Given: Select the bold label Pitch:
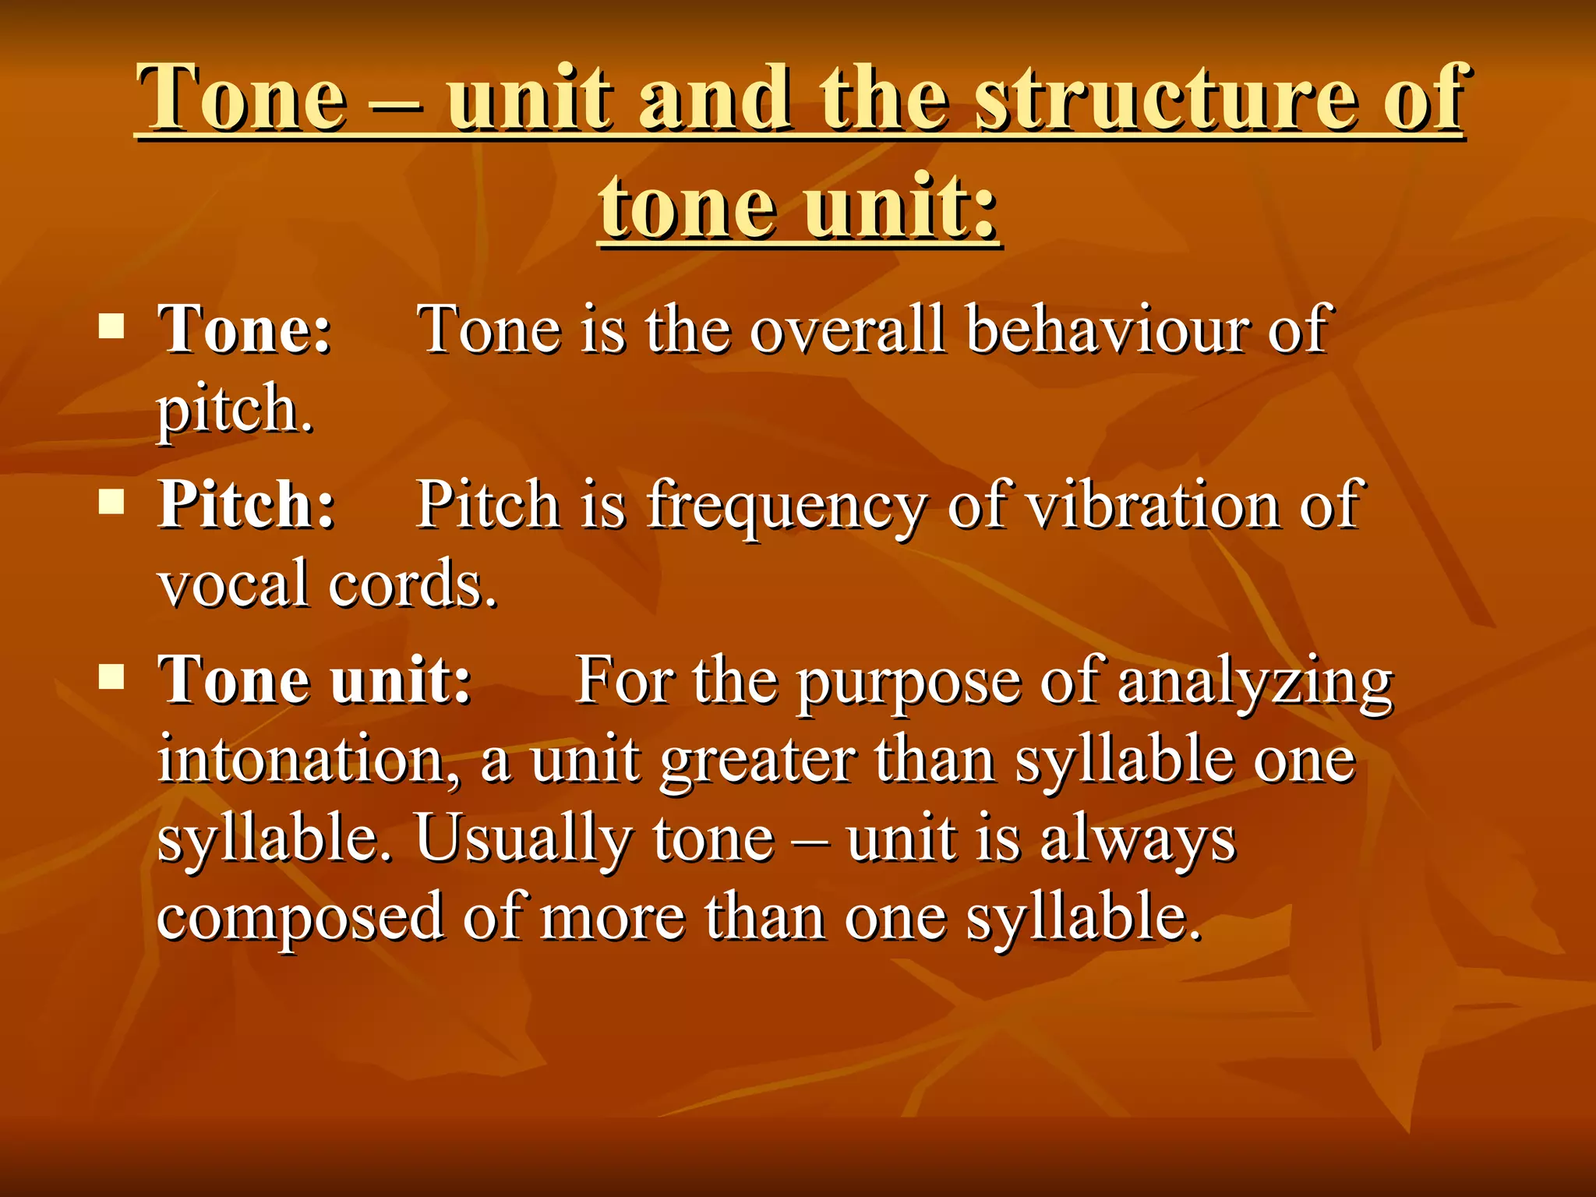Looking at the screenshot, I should pos(247,504).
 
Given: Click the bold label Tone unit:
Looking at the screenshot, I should pos(315,680).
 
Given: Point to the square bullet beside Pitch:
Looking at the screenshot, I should pos(112,502).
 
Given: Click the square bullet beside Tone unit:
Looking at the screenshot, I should pos(112,677).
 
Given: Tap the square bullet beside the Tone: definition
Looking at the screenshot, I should pos(112,327).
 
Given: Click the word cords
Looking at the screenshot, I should pos(412,583).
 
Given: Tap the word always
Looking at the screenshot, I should pos(1138,840).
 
